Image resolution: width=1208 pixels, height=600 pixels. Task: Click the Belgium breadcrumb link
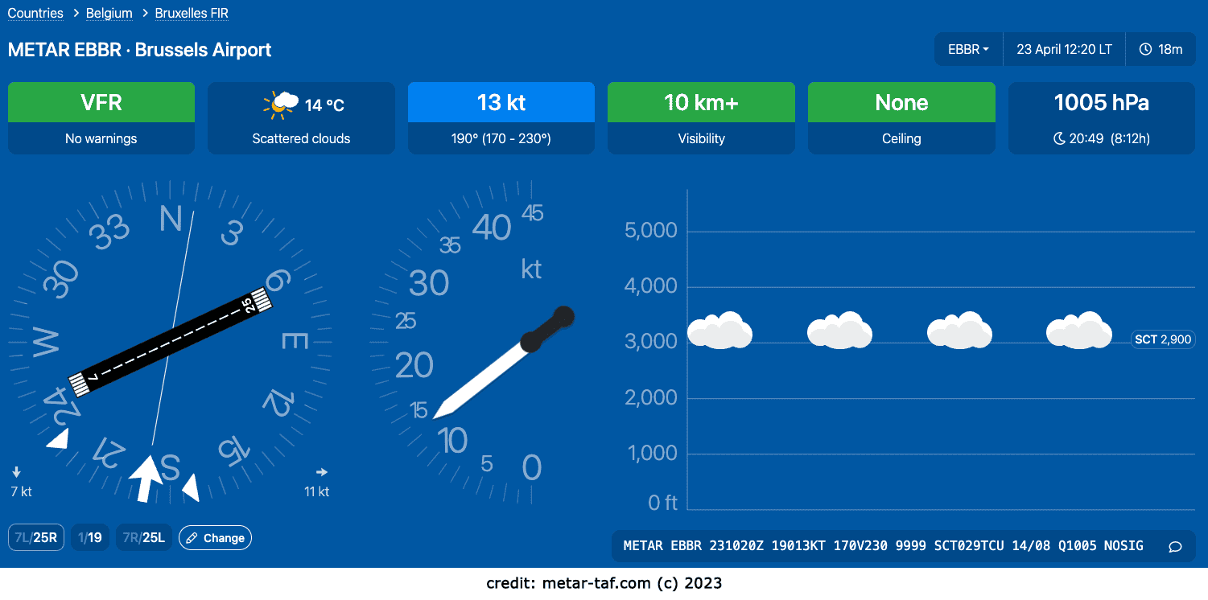click(x=109, y=13)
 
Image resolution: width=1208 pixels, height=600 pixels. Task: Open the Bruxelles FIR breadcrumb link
click(x=192, y=13)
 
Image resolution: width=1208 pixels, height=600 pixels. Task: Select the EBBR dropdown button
click(x=968, y=49)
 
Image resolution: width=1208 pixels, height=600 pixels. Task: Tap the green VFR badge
click(x=101, y=102)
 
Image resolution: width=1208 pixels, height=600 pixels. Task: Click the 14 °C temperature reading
click(x=324, y=105)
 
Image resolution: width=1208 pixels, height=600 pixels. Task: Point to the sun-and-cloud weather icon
click(x=281, y=105)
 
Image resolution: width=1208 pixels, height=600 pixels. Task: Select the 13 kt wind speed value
click(x=501, y=102)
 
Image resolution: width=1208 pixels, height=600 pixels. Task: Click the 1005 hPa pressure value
click(x=1101, y=102)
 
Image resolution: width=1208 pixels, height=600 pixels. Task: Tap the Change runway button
click(x=215, y=537)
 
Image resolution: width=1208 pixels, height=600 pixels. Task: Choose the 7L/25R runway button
click(x=36, y=537)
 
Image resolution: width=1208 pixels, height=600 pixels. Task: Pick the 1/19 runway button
click(x=90, y=537)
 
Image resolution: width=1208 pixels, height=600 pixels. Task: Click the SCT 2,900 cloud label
click(x=1163, y=339)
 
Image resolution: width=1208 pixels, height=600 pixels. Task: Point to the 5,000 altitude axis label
click(x=650, y=230)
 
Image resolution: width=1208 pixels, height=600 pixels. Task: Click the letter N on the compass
click(x=171, y=219)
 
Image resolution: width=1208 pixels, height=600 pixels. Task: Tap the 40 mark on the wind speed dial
click(x=491, y=227)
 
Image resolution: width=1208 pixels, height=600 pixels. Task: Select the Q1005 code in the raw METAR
click(x=1077, y=545)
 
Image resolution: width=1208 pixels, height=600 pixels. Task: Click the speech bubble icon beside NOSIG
click(x=1175, y=547)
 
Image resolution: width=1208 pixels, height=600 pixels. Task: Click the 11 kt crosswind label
click(x=316, y=491)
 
